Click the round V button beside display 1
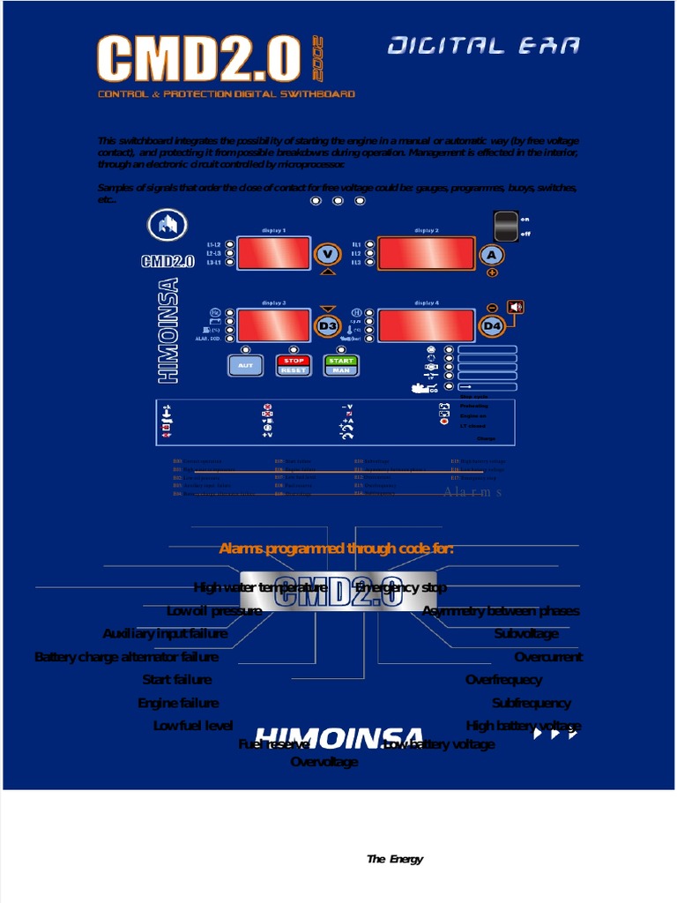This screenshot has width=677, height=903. (328, 254)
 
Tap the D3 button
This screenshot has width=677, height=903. (328, 326)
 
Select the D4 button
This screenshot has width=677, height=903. (492, 326)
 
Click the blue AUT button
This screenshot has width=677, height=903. (246, 365)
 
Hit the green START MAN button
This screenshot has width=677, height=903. (341, 365)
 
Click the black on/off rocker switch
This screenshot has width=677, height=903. (506, 227)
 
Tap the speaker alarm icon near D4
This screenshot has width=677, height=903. (516, 307)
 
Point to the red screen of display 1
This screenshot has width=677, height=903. (273, 254)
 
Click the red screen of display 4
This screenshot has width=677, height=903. (426, 325)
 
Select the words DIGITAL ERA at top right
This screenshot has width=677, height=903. (484, 47)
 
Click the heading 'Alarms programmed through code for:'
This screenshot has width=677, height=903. (337, 549)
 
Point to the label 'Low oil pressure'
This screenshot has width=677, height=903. (214, 611)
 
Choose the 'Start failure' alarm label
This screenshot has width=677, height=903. (177, 680)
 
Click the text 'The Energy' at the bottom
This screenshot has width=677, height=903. (395, 859)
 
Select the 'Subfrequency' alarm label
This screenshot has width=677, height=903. (532, 703)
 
